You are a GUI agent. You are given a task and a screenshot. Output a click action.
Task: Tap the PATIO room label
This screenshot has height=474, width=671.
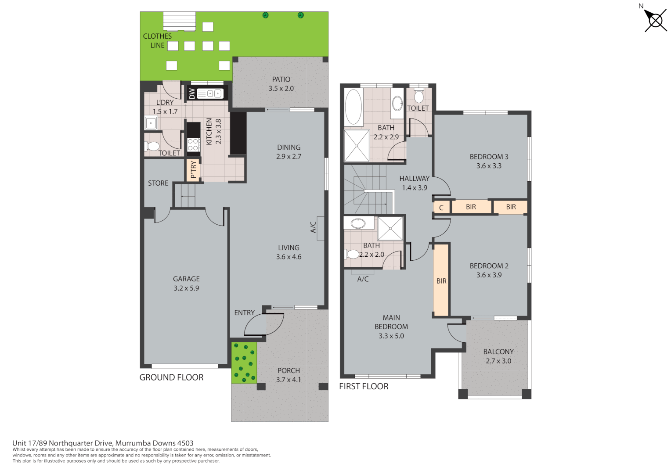pos(281,79)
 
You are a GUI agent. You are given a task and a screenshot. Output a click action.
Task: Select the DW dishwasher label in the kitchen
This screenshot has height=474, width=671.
pos(192,94)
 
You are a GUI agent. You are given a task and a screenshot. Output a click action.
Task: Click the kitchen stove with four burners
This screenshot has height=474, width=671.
pos(193,145)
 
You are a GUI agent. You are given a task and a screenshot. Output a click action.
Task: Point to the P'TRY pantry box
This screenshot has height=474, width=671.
pos(193,169)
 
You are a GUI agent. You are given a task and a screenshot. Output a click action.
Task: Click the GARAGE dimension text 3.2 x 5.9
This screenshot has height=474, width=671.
pos(186,288)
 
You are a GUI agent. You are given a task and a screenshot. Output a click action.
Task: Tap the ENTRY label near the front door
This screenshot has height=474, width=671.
pos(244,313)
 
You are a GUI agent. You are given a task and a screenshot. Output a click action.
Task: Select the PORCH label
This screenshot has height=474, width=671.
pos(289,371)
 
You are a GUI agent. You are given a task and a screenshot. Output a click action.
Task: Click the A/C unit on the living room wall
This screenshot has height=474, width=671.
pos(320,228)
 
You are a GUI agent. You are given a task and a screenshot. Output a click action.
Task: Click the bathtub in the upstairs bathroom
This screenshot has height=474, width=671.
pos(354,107)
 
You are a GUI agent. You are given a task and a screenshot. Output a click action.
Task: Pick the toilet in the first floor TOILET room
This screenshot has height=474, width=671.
pos(419,95)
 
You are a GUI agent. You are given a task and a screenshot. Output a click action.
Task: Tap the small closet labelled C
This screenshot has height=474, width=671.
pos(441,208)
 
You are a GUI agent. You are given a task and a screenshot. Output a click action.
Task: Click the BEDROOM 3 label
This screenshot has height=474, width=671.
pos(489,157)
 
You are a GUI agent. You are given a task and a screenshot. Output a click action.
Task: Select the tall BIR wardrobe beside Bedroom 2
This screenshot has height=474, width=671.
pos(441,280)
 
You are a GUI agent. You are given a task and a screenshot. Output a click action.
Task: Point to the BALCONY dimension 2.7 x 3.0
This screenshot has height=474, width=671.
pos(498,361)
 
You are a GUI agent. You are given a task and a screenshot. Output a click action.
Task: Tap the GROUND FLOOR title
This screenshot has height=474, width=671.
pos(171,377)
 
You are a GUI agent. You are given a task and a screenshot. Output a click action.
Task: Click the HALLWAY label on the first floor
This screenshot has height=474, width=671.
pos(414,179)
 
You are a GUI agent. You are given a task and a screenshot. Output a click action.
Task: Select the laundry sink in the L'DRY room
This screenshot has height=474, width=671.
pos(151,123)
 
